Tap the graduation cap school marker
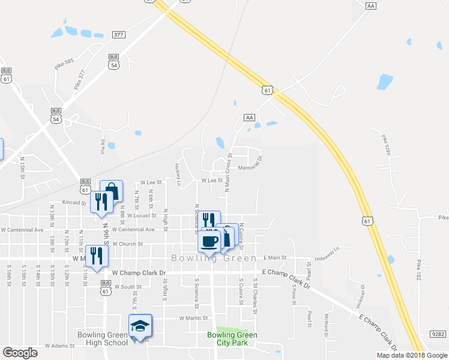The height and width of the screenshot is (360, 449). pyautogui.click(x=140, y=326)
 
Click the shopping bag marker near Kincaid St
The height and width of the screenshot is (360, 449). pyautogui.click(x=112, y=191)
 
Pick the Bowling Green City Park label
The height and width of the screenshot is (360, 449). pyautogui.click(x=232, y=339)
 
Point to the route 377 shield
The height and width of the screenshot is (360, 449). pyautogui.click(x=118, y=35)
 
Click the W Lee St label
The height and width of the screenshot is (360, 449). pyautogui.click(x=212, y=180)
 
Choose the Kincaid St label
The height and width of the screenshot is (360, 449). pyautogui.click(x=75, y=203)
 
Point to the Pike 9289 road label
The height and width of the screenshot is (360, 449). pyautogui.click(x=385, y=146)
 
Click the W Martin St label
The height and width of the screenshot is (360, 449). pyautogui.click(x=193, y=318)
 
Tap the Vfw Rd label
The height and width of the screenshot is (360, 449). pyautogui.click(x=103, y=146)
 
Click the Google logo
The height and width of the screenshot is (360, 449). pyautogui.click(x=20, y=353)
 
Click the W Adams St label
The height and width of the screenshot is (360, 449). pyautogui.click(x=59, y=346)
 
